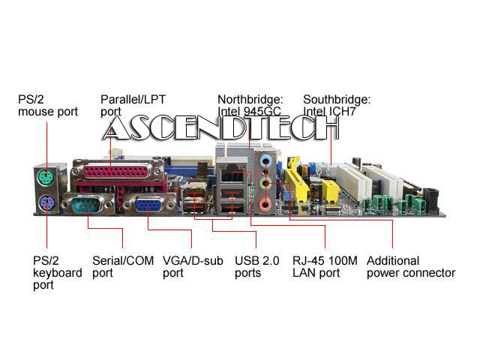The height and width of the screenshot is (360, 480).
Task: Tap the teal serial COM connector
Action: click(x=88, y=202)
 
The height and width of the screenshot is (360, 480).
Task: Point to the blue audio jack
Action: click(x=264, y=160)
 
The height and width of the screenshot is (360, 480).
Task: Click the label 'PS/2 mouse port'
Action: click(x=47, y=105)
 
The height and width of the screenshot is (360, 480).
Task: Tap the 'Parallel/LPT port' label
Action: click(x=133, y=105)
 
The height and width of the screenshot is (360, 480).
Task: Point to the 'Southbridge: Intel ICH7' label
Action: click(x=337, y=105)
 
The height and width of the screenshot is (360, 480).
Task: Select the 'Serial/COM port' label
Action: click(x=117, y=267)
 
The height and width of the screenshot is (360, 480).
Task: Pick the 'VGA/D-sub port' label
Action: click(x=192, y=267)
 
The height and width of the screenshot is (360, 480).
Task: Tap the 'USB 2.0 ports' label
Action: click(x=256, y=267)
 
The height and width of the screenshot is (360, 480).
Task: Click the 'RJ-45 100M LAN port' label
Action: click(x=325, y=267)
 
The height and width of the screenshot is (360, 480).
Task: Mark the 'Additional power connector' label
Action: click(x=410, y=267)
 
